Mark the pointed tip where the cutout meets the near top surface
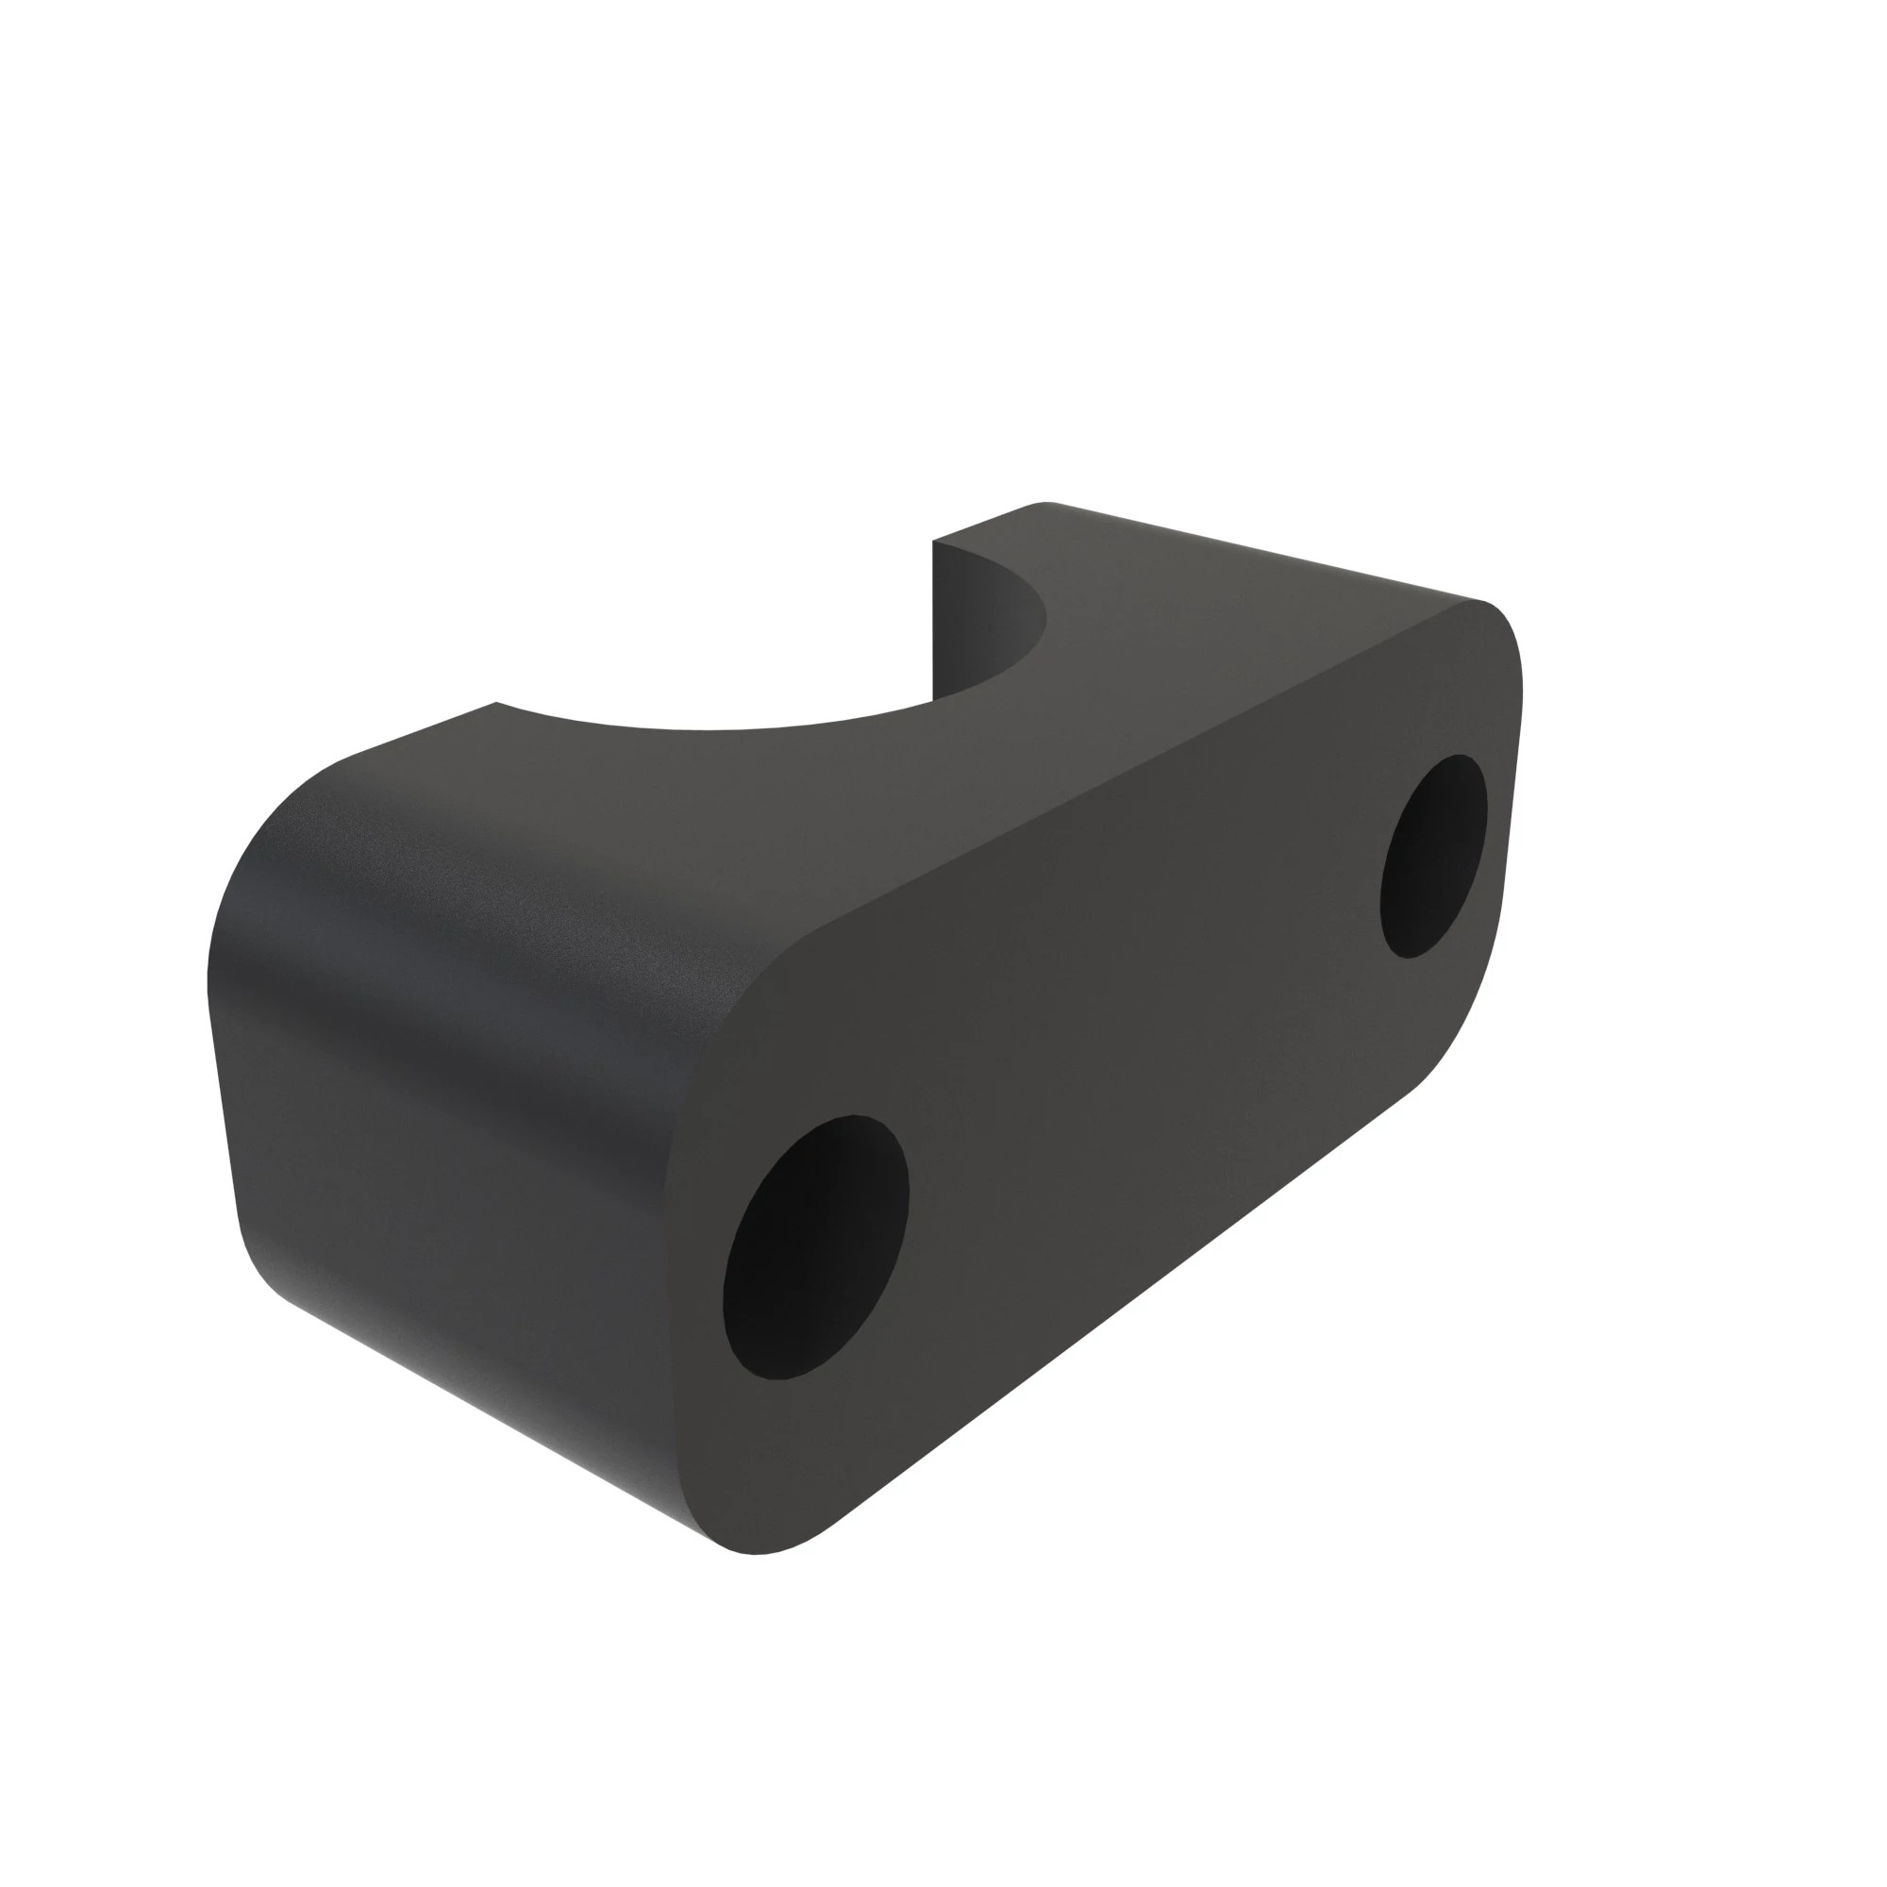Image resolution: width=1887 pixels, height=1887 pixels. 496,703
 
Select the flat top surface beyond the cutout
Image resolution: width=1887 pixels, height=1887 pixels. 1221,606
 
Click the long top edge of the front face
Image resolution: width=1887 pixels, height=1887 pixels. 1123,781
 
